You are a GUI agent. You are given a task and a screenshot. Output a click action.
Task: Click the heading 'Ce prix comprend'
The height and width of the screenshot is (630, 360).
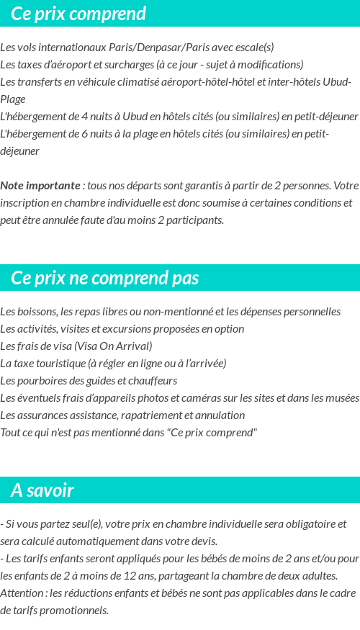[x=78, y=14]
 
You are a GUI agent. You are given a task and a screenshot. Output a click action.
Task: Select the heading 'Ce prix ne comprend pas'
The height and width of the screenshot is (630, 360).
[x=105, y=278]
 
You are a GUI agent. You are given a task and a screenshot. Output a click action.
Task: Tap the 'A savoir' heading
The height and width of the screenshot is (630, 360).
[x=42, y=490]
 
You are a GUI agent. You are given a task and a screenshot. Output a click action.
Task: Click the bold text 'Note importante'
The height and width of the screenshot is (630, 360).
[x=40, y=186]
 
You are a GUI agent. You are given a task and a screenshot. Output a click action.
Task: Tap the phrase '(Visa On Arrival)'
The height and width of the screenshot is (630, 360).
[x=113, y=346]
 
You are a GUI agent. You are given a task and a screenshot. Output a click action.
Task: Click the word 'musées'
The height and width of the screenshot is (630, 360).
[x=342, y=398]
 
